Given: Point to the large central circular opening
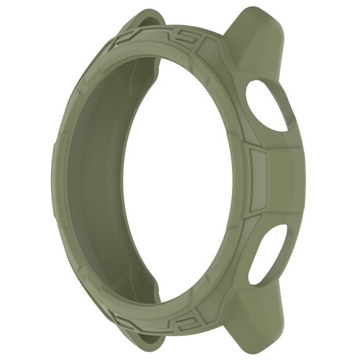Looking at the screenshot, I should (x=182, y=182).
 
